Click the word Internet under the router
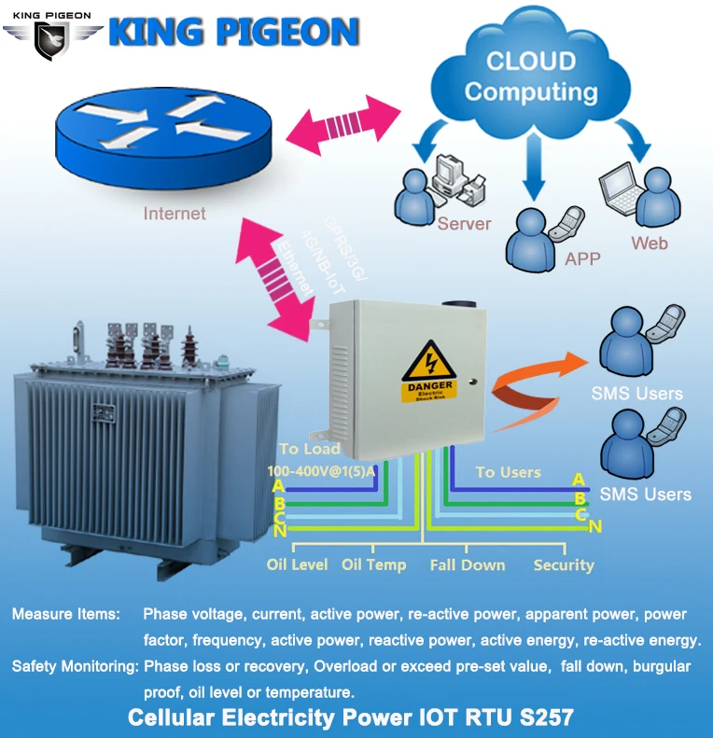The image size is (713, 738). point(175,214)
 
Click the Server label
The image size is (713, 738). point(464,224)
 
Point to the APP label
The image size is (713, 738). point(583,259)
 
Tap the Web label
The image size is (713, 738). point(650,244)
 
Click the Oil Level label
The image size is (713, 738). point(297,564)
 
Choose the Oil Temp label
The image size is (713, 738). point(373,564)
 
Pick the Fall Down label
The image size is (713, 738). point(468,564)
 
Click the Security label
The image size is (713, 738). point(563,564)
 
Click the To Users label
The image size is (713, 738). point(508,472)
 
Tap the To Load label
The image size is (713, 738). point(310,450)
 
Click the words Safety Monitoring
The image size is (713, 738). point(75,667)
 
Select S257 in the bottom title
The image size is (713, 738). point(544,717)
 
